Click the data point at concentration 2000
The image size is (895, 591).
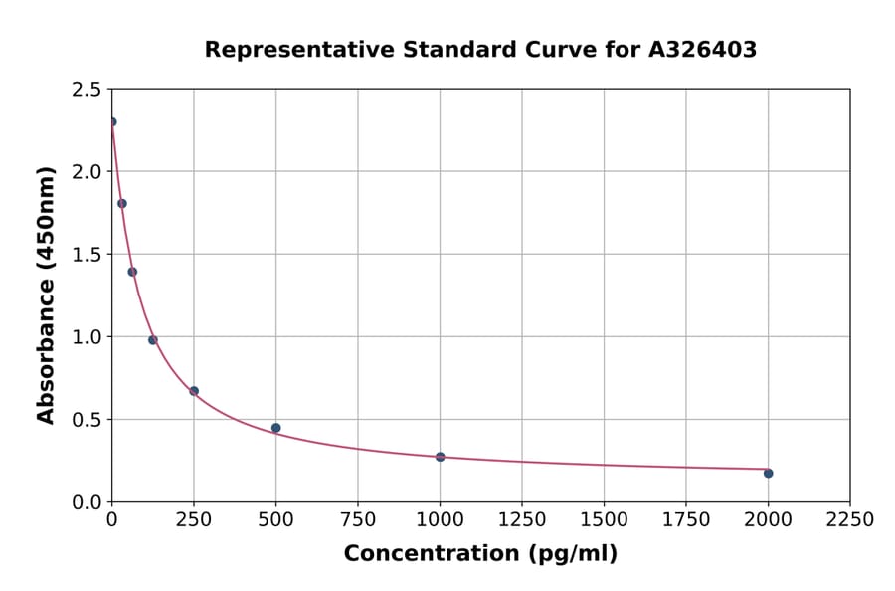click(768, 473)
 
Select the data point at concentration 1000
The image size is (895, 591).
click(440, 457)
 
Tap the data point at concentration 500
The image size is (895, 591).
click(275, 428)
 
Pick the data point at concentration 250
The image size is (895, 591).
click(194, 391)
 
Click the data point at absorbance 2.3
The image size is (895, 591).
click(112, 122)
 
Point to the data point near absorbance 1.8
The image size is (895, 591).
click(122, 203)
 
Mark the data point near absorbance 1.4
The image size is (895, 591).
click(132, 272)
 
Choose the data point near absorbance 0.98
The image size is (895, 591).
click(153, 340)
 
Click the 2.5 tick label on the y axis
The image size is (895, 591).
click(87, 90)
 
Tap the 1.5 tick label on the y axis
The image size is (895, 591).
click(87, 255)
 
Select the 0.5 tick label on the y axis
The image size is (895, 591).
click(87, 420)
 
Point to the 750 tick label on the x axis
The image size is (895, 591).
click(358, 520)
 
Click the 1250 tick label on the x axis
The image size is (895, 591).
click(522, 520)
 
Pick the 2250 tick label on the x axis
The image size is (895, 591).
click(850, 520)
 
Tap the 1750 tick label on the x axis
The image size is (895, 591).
click(686, 520)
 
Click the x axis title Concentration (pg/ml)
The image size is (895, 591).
click(480, 554)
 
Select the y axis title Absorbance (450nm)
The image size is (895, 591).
click(46, 295)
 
